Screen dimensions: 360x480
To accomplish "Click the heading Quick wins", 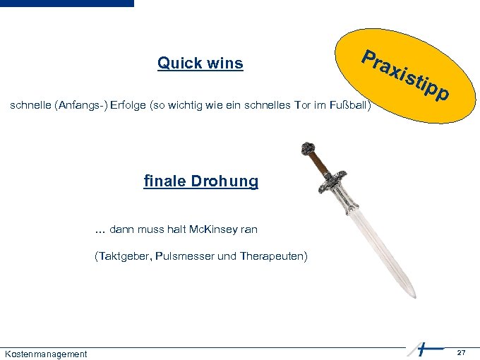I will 200,64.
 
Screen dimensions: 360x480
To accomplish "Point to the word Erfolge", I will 126,106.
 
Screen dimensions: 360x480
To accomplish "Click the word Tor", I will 289,106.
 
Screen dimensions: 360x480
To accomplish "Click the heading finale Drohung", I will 201,181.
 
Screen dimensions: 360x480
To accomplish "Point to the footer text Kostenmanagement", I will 46,354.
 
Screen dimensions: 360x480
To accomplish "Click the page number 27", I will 461,352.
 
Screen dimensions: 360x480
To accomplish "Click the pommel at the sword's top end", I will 307,149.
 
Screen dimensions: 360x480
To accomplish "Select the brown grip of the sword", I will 320,164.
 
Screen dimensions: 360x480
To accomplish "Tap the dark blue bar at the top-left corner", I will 66,4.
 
